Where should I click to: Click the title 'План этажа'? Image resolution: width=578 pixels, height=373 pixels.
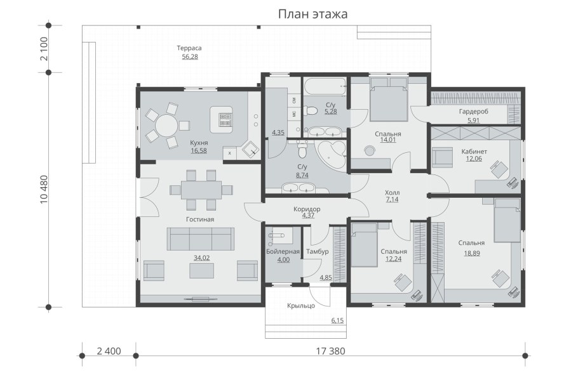tap(313, 14)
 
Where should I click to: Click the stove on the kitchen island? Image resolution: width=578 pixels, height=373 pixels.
tap(225, 119)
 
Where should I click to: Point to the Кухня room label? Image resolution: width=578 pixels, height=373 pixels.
tap(199, 143)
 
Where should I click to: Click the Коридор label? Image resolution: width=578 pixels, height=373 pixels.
tap(307, 209)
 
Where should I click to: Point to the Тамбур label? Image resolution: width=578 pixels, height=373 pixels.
tap(316, 251)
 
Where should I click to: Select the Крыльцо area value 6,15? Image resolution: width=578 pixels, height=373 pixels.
tap(337, 321)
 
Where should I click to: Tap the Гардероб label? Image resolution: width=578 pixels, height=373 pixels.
tap(473, 112)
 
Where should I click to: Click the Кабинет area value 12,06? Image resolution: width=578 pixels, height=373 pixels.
tap(474, 159)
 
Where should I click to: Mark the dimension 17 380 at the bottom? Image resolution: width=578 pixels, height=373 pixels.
tap(330, 351)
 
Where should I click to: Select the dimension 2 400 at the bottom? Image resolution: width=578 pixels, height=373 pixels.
tap(109, 351)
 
